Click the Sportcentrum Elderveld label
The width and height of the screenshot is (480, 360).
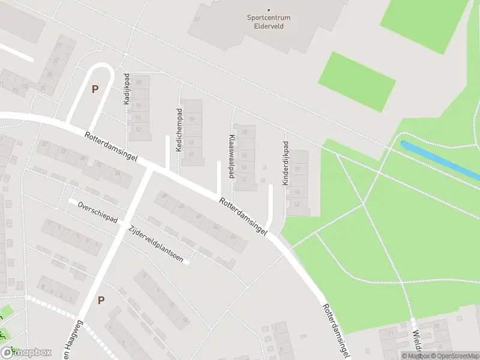tap(268, 22)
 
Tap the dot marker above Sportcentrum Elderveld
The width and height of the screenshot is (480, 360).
tap(268, 10)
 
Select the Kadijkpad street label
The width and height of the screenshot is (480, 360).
tap(127, 89)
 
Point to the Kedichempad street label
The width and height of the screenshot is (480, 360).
tap(179, 130)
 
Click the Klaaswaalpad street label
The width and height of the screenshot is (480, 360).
tap(231, 156)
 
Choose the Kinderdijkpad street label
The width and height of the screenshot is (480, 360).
tap(286, 163)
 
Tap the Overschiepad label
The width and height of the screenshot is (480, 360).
tap(97, 212)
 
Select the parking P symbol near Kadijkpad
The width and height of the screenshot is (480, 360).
tap(94, 89)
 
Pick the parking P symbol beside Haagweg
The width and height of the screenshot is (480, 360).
tap(101, 300)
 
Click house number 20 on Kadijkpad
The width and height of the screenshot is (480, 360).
tap(138, 82)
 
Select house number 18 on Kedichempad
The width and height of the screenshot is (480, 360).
tap(191, 119)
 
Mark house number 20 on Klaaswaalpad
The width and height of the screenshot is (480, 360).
tap(244, 132)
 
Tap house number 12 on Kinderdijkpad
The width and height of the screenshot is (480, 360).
tap(297, 205)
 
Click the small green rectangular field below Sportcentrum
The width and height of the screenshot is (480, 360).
tap(357, 81)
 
